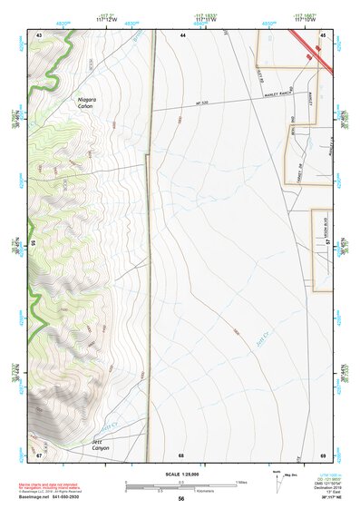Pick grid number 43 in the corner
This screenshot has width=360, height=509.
(39, 34)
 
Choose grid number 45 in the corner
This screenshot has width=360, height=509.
(323, 34)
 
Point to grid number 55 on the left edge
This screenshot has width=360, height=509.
(34, 243)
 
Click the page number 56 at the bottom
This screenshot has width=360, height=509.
(180, 498)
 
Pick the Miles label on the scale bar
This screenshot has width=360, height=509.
(240, 482)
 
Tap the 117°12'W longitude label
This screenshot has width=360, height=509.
(107, 20)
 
